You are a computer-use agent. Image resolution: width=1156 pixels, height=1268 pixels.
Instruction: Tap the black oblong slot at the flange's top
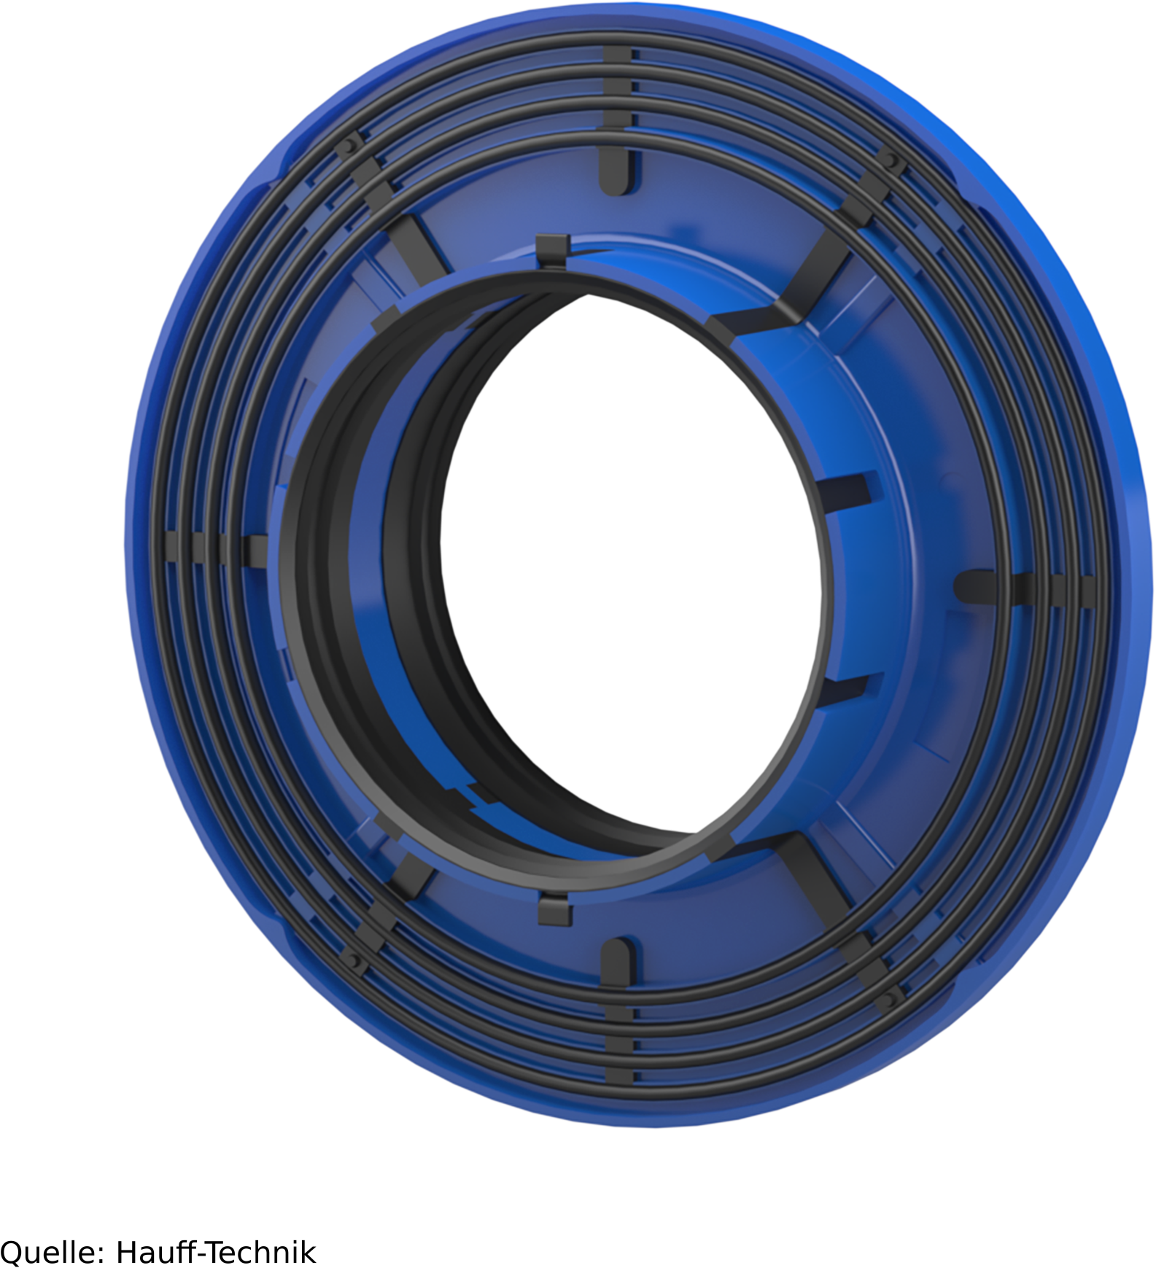coord(616,171)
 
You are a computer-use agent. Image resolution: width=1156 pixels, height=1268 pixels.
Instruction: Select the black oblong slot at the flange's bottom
coord(617,960)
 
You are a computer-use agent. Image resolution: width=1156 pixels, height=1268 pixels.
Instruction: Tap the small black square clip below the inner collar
coord(554,909)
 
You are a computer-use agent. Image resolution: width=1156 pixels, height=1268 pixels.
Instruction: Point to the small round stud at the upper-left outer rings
coord(351,144)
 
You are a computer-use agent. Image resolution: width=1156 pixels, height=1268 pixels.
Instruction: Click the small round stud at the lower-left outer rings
coord(354,960)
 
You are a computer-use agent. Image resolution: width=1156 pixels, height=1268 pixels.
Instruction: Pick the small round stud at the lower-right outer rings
coord(889,997)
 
